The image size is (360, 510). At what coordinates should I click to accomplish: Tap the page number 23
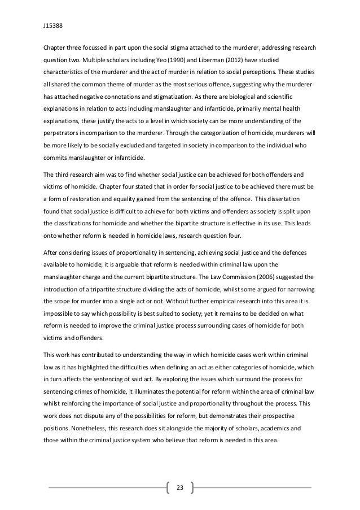(x=180, y=487)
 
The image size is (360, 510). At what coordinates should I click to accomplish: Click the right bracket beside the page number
(x=192, y=487)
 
